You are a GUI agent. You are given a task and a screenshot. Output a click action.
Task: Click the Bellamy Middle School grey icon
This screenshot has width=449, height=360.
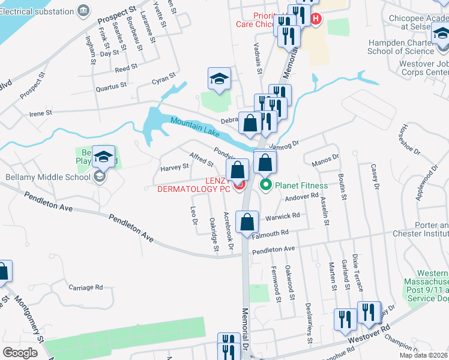[100, 176]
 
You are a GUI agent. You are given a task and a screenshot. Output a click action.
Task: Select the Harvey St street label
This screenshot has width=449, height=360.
[175, 169]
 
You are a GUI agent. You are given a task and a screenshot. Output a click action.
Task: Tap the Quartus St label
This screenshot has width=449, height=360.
[111, 86]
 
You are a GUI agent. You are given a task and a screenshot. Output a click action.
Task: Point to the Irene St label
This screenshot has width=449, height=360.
[41, 113]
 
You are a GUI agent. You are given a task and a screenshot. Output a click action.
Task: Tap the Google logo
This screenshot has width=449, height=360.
[20, 352]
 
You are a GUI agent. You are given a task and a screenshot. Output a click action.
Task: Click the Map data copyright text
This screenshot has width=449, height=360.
[423, 355]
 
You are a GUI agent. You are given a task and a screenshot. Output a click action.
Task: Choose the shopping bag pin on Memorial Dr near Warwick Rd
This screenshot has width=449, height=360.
[247, 223]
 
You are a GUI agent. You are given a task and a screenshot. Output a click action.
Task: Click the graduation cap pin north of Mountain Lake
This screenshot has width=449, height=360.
[219, 80]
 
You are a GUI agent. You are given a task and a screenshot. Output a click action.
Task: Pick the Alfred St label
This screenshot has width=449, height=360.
[201, 159]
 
